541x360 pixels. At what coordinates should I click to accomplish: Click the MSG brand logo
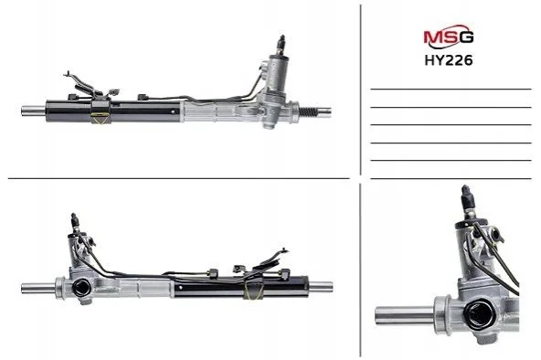tap(448, 37)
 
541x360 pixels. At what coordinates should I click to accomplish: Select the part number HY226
tap(448, 60)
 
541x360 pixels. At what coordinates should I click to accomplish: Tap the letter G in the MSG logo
tap(466, 37)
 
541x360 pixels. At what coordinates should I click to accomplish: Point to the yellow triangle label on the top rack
tap(99, 117)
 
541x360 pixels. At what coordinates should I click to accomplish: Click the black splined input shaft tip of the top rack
tap(281, 41)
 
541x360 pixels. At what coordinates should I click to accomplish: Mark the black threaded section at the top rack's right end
tap(308, 111)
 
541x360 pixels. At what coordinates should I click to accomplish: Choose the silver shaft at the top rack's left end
tap(34, 111)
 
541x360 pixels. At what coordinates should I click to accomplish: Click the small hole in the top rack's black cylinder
tap(173, 111)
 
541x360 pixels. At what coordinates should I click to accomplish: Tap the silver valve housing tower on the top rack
tap(277, 74)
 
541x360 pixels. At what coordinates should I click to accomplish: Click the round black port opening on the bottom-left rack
tap(82, 288)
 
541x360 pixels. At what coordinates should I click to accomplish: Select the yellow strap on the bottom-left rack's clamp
tap(254, 291)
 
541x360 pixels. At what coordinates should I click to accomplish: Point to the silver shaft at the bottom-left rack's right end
tap(321, 287)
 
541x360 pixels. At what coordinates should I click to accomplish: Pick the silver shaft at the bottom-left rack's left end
tap(38, 289)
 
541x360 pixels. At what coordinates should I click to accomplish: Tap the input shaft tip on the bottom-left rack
tap(75, 219)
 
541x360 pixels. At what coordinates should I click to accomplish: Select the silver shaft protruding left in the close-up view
tap(405, 315)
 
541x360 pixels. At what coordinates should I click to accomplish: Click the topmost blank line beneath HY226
tap(451, 89)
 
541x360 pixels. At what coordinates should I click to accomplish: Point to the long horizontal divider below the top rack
tap(179, 178)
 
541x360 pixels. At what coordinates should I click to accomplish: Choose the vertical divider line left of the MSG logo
tap(361, 90)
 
